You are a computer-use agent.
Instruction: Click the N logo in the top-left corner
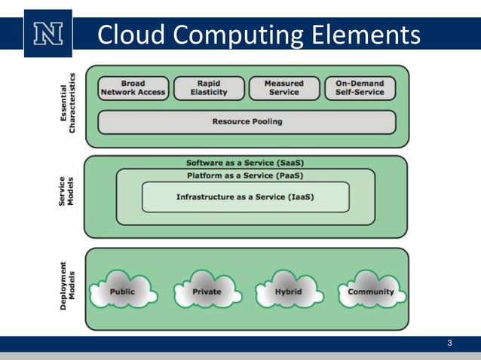(x=47, y=34)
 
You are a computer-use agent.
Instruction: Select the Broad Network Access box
(x=133, y=88)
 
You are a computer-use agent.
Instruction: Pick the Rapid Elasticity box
(x=209, y=88)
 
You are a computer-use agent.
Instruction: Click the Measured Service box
(x=283, y=88)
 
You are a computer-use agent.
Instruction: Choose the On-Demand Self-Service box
(x=360, y=88)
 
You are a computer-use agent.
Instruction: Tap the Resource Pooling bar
(x=247, y=121)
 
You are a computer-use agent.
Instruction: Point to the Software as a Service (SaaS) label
(x=245, y=163)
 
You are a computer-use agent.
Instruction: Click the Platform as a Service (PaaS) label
(x=245, y=176)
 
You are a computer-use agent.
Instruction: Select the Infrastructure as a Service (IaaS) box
(x=245, y=197)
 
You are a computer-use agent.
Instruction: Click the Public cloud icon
(x=122, y=291)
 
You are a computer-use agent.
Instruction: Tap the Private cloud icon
(x=206, y=291)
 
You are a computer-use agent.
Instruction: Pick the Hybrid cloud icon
(x=287, y=291)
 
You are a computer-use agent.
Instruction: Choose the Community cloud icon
(x=370, y=291)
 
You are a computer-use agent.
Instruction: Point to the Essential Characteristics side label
(x=68, y=103)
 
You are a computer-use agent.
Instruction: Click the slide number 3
(x=449, y=344)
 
